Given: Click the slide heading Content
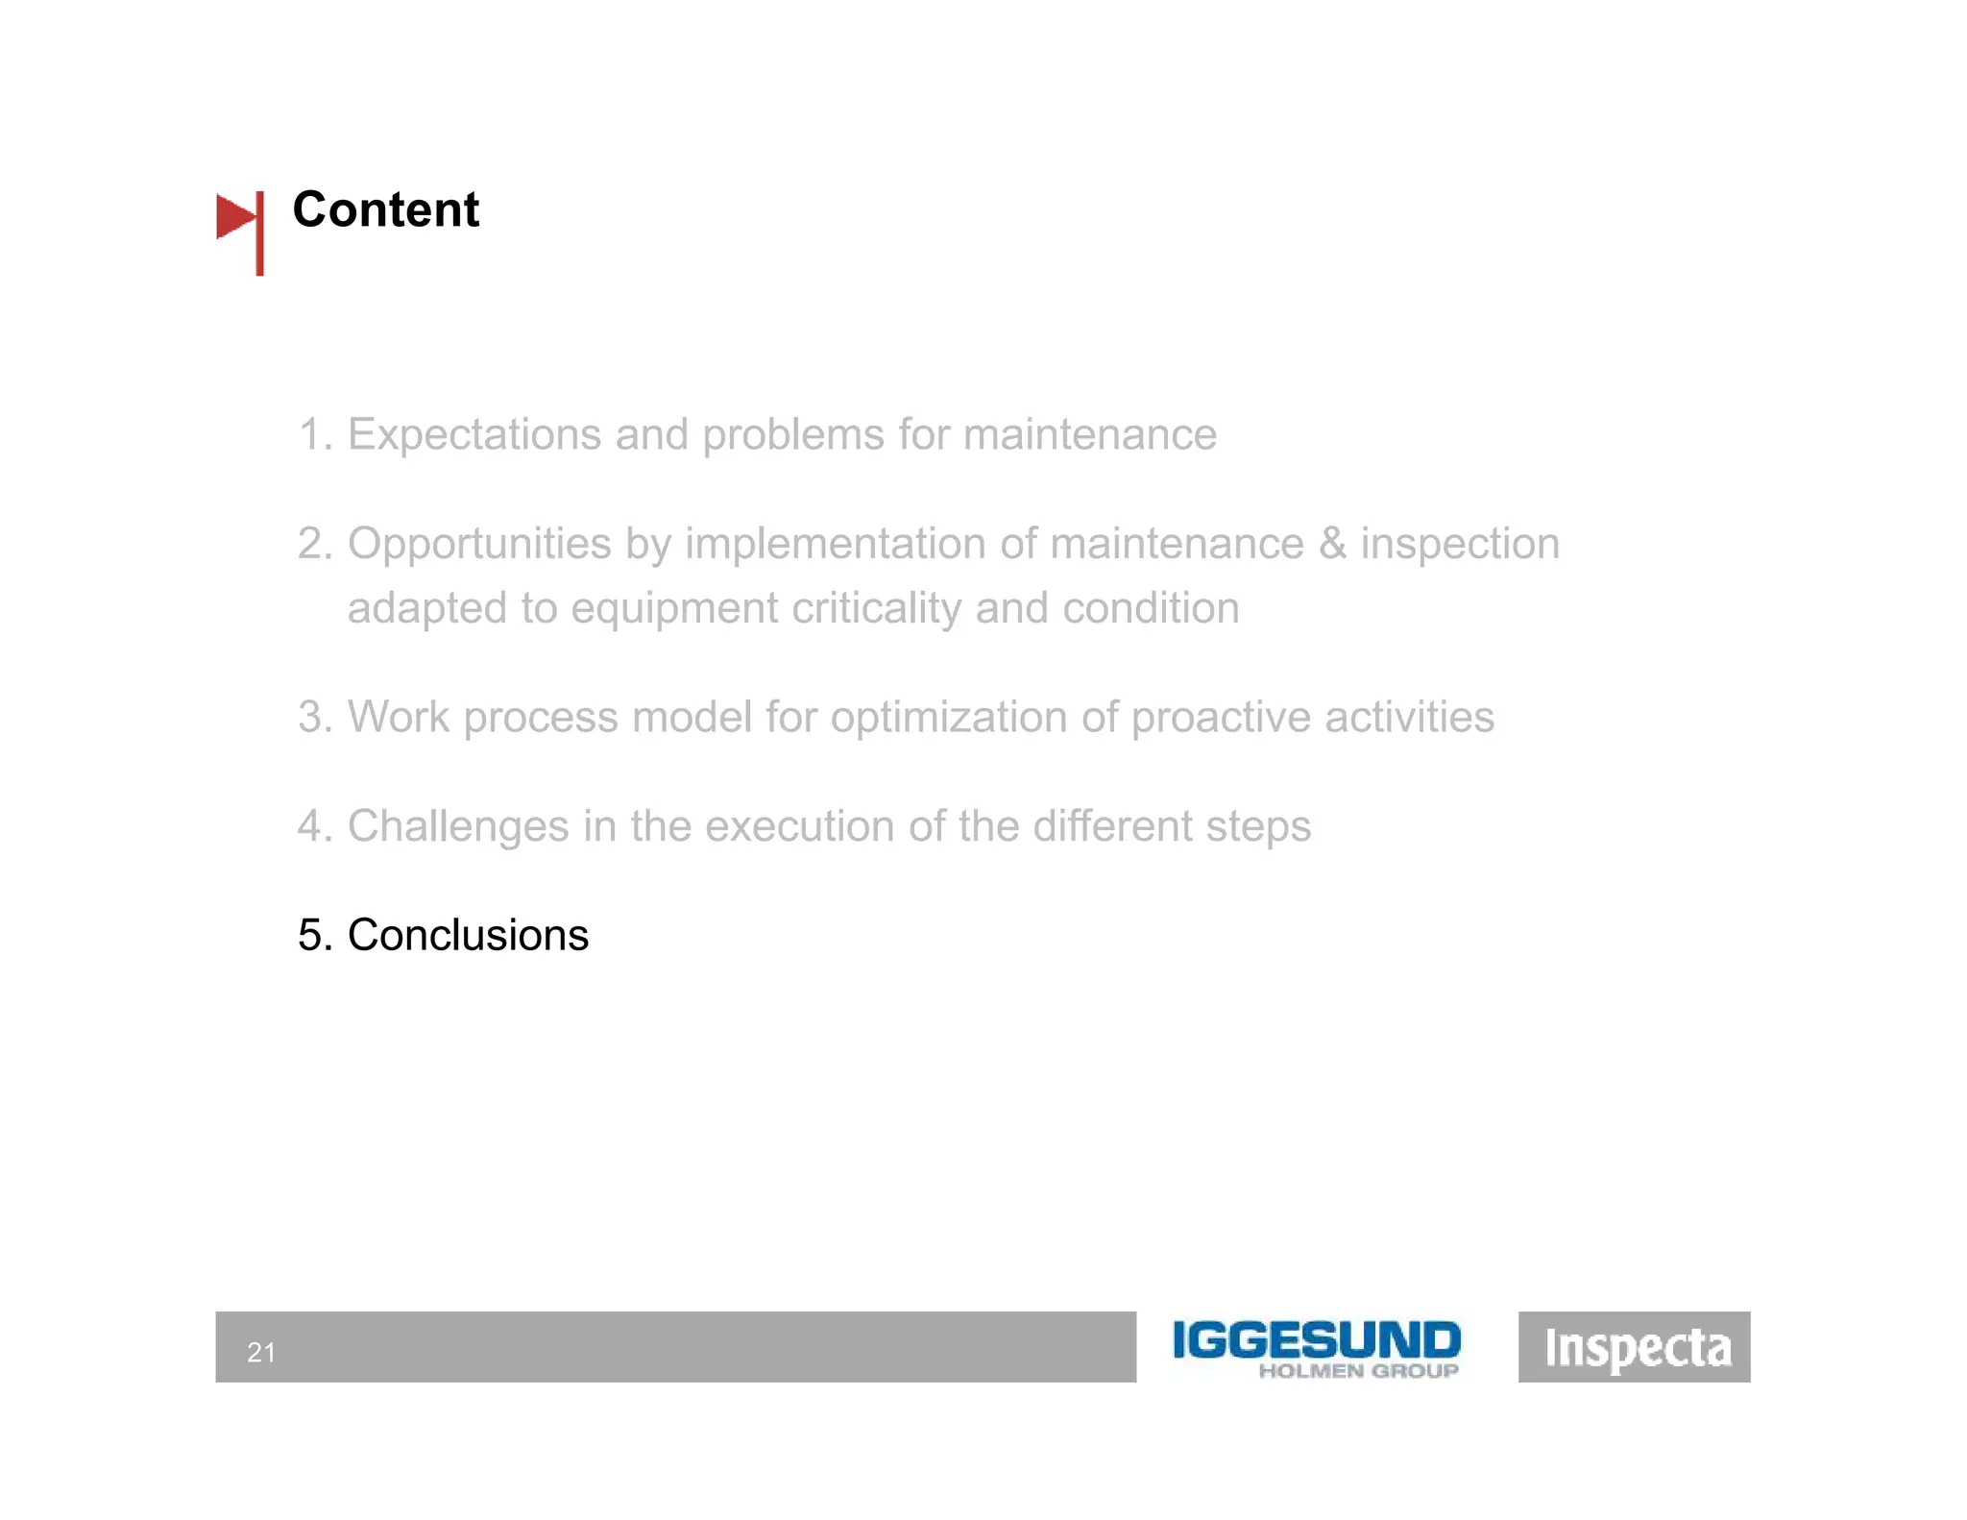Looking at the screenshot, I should point(385,209).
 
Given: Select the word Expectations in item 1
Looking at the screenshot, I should point(474,434).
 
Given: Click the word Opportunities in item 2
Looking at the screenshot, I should point(478,544).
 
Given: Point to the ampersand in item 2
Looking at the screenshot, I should point(1331,544).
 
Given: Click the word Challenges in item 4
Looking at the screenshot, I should point(458,826).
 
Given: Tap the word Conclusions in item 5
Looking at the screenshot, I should point(468,935).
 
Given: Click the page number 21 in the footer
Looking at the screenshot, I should point(261,1352).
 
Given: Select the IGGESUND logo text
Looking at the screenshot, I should point(1316,1339).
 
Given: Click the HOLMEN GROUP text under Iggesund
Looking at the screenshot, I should point(1358,1371).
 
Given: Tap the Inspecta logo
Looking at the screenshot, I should point(1636,1347).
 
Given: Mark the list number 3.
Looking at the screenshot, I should point(311,718).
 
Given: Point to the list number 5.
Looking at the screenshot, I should point(311,935).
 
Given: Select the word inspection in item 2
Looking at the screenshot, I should point(1459,544).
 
